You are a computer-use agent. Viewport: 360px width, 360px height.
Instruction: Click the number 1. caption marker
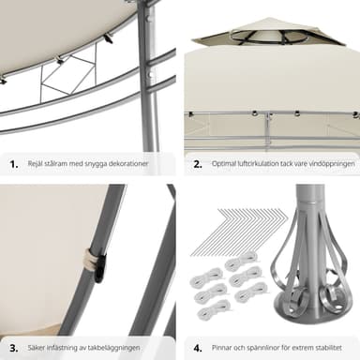pos(14,164)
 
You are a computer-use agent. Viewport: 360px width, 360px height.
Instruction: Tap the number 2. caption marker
pos(198,164)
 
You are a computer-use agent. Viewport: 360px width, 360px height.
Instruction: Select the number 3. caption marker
pos(14,348)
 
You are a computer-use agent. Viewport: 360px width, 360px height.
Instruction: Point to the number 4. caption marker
pos(198,348)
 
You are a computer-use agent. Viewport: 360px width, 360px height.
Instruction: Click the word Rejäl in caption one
pos(35,164)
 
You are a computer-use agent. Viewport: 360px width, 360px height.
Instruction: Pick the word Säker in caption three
pos(36,348)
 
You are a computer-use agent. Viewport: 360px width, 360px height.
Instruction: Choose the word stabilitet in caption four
pos(328,348)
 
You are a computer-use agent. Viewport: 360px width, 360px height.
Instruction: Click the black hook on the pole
pos(100,269)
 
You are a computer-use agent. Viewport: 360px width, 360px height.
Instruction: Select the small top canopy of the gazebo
pos(268,33)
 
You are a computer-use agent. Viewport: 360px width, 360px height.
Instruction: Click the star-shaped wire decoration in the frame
pos(69,76)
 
